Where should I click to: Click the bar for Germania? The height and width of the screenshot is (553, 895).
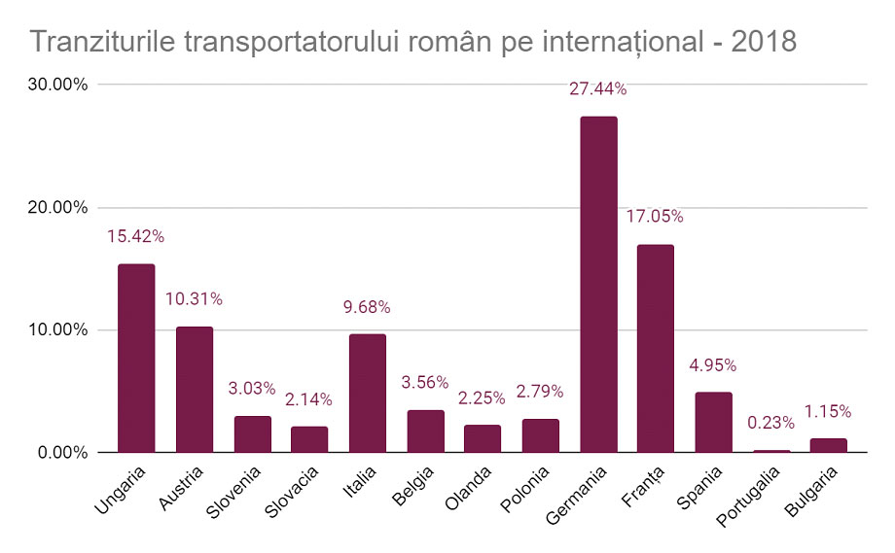598,285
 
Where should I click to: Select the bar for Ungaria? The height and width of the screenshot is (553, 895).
136,359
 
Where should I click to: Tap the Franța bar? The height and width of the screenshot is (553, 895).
656,349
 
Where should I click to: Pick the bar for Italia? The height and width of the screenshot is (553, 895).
368,394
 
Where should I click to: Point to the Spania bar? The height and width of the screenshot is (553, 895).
714,423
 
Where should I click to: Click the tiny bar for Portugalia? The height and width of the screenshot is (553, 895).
771,451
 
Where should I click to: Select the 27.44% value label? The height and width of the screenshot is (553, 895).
598,89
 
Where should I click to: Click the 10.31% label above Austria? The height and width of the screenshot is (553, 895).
194,299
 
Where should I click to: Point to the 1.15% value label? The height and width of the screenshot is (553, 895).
828,411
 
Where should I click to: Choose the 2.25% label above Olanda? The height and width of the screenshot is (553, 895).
483,397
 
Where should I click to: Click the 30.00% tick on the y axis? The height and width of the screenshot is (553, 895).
58,85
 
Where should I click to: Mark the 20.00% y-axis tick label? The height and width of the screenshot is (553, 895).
58,207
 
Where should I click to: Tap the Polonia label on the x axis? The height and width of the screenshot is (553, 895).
529,490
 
